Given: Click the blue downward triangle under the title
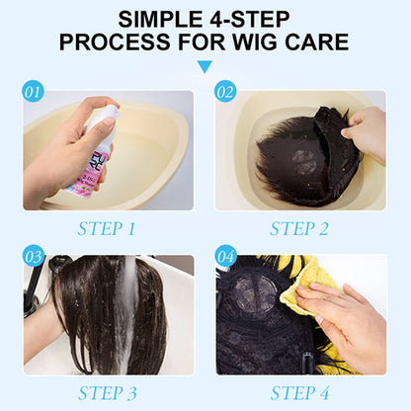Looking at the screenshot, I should [x=205, y=67].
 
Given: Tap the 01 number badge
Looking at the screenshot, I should [x=34, y=92].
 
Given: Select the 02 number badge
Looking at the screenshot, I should [x=226, y=92].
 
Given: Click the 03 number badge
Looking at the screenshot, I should [x=34, y=257].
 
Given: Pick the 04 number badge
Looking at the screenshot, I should [x=226, y=257].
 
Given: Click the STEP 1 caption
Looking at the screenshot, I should [x=108, y=228].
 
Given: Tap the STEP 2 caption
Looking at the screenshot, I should [x=300, y=228].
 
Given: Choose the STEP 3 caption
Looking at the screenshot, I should [x=108, y=392].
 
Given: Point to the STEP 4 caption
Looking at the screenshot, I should [x=300, y=392].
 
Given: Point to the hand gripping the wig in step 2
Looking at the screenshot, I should [x=368, y=133].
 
